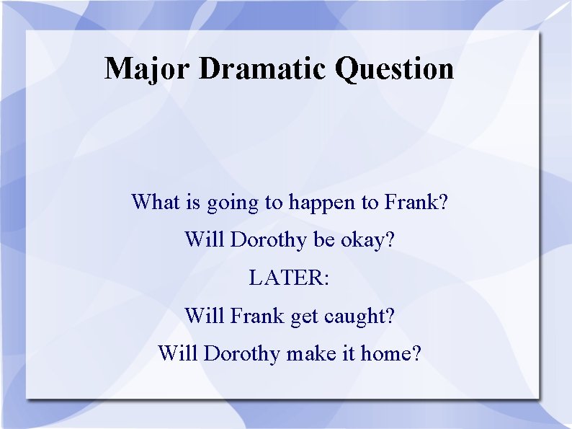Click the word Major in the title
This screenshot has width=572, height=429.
pos(147,69)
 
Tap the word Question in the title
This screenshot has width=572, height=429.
pos(395,69)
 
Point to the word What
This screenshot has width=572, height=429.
pos(156,202)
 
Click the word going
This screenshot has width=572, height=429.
pos(233,203)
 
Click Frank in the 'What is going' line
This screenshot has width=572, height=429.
pos(412,202)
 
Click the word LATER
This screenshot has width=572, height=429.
pos(288,278)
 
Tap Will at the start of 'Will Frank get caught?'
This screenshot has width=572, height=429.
pos(205,316)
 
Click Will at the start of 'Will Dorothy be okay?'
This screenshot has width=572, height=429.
pos(205,240)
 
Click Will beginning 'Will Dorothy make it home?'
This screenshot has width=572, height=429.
pos(178,354)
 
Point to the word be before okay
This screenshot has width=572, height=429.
pos(323,240)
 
